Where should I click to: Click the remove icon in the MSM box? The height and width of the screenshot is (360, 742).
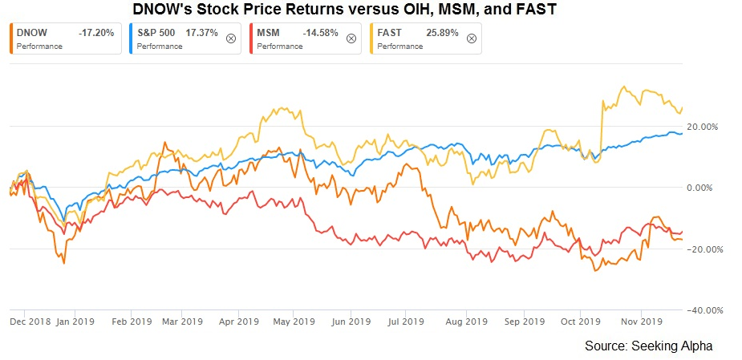pyautogui.click(x=351, y=38)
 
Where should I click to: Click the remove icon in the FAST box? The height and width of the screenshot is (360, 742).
pyautogui.click(x=471, y=38)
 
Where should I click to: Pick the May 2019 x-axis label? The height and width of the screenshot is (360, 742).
pyautogui.click(x=294, y=322)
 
